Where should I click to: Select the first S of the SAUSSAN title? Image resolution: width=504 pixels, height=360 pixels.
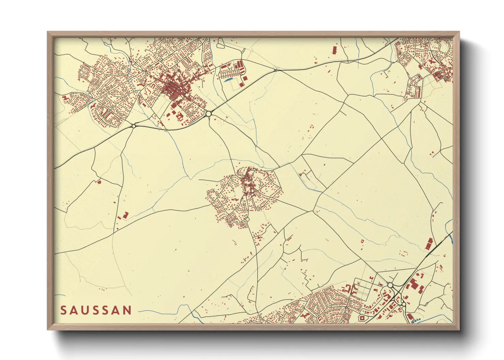click(63, 310)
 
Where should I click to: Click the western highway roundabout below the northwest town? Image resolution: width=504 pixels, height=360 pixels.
click(134, 126)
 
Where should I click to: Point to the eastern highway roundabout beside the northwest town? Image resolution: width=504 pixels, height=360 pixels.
click(209, 114)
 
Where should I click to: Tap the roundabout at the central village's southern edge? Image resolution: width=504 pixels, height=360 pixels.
click(248, 220)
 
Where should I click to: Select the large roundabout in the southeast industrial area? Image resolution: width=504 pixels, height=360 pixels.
click(390, 285)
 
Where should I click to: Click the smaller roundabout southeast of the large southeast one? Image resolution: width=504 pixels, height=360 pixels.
click(404, 304)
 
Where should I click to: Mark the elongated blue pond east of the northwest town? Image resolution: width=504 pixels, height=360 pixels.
click(228, 80)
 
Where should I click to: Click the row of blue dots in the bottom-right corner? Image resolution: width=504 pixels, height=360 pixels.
click(416, 320)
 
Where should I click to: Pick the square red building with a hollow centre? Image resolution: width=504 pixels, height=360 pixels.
click(362, 318)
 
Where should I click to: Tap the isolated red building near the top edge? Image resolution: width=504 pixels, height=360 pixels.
click(334, 50)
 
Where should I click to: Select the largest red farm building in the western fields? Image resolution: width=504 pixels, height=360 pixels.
click(125, 215)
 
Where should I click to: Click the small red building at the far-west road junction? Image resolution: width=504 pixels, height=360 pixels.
click(99, 182)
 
